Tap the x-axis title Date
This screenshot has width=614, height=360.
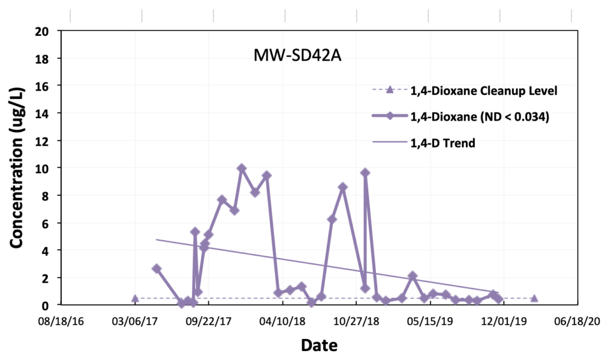point(318,345)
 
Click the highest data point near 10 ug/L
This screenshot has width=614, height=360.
point(242,169)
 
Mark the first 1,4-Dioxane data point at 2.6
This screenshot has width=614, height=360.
point(156,269)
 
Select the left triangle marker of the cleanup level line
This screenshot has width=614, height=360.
point(135,298)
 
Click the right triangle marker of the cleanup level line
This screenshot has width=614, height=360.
point(534,298)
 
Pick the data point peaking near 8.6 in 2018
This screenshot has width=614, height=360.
point(343,187)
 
